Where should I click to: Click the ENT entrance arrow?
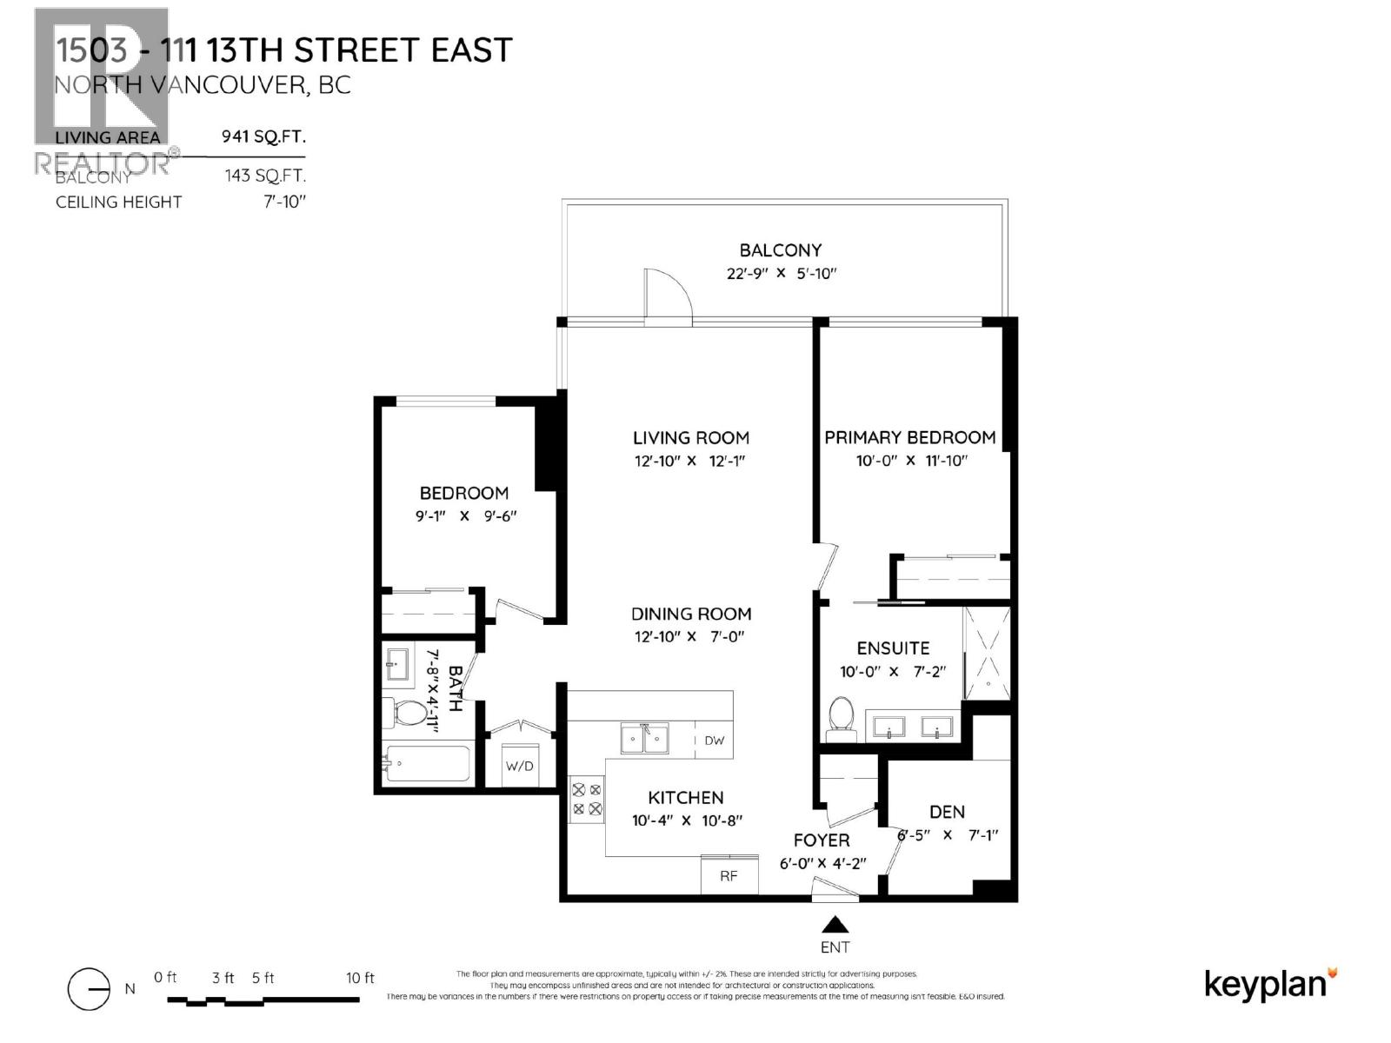click(x=835, y=925)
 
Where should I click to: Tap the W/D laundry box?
click(x=520, y=766)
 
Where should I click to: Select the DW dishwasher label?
click(x=714, y=741)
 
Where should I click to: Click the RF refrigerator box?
click(x=729, y=875)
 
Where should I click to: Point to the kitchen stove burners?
click(x=586, y=800)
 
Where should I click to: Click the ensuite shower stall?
click(x=988, y=653)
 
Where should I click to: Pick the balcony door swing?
click(x=666, y=296)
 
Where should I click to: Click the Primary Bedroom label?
click(x=910, y=437)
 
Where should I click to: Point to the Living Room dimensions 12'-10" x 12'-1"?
click(x=691, y=461)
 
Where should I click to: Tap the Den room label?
click(x=947, y=812)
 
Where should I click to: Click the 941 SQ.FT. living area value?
click(x=265, y=136)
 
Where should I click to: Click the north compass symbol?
click(x=89, y=989)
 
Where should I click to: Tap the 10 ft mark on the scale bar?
click(x=359, y=979)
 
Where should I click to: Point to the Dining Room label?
click(x=691, y=614)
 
